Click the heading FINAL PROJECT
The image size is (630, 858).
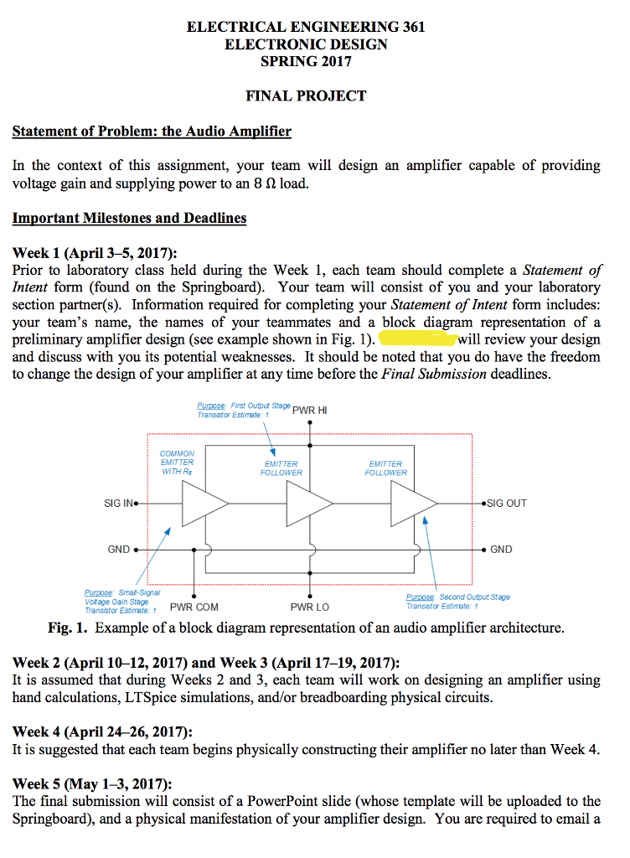(306, 96)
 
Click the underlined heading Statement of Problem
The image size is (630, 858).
(152, 132)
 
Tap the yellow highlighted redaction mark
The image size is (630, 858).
(417, 339)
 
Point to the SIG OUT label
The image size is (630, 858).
(505, 504)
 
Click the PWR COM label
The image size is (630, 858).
(194, 607)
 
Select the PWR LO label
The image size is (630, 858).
(309, 607)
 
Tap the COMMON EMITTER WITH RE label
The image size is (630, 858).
(177, 463)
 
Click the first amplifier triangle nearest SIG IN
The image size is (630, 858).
(201, 504)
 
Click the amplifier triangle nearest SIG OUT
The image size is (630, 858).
(411, 504)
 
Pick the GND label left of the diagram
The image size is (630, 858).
(118, 550)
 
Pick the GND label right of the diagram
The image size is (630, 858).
(501, 550)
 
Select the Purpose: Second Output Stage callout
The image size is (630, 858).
(457, 602)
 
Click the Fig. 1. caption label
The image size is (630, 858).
(70, 628)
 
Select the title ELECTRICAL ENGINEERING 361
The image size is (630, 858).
(306, 27)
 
